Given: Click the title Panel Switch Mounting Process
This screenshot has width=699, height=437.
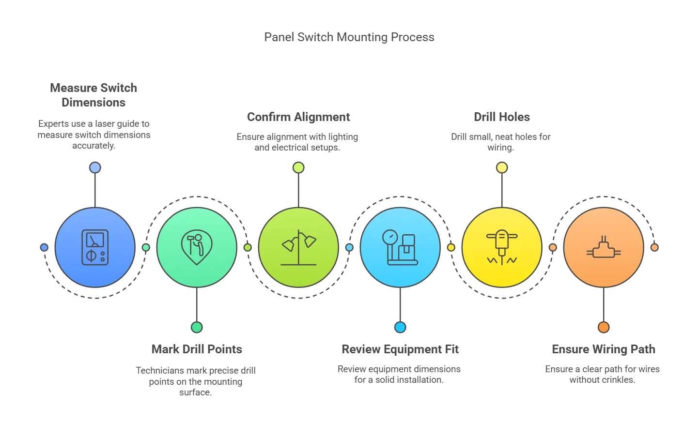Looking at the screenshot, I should click(349, 37).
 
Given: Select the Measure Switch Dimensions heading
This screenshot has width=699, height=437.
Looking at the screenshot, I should click(93, 95).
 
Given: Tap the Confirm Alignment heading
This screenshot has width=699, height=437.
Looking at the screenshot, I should click(298, 117).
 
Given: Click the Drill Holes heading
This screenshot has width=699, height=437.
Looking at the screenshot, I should click(501, 117).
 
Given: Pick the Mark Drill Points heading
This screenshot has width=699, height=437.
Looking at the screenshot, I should click(197, 349).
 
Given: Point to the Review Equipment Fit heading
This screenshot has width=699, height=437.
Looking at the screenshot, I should click(400, 349).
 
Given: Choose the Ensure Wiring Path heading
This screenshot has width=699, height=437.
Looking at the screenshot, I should click(603, 349).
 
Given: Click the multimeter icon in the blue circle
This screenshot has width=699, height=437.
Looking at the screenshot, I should click(95, 247).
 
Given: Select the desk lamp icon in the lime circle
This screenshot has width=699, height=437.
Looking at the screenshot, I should click(298, 247).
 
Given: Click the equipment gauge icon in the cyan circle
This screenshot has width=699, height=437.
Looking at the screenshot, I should click(400, 247).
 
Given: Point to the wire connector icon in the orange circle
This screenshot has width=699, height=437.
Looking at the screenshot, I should click(604, 247).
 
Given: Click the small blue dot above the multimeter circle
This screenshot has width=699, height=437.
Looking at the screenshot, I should click(95, 167).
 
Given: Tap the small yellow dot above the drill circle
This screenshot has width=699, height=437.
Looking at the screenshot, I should click(502, 167).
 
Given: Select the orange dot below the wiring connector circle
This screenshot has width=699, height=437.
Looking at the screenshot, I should click(604, 327).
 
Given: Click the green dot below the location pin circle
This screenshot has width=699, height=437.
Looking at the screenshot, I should click(197, 327).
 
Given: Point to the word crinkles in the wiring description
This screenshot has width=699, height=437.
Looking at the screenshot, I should click(617, 380).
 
